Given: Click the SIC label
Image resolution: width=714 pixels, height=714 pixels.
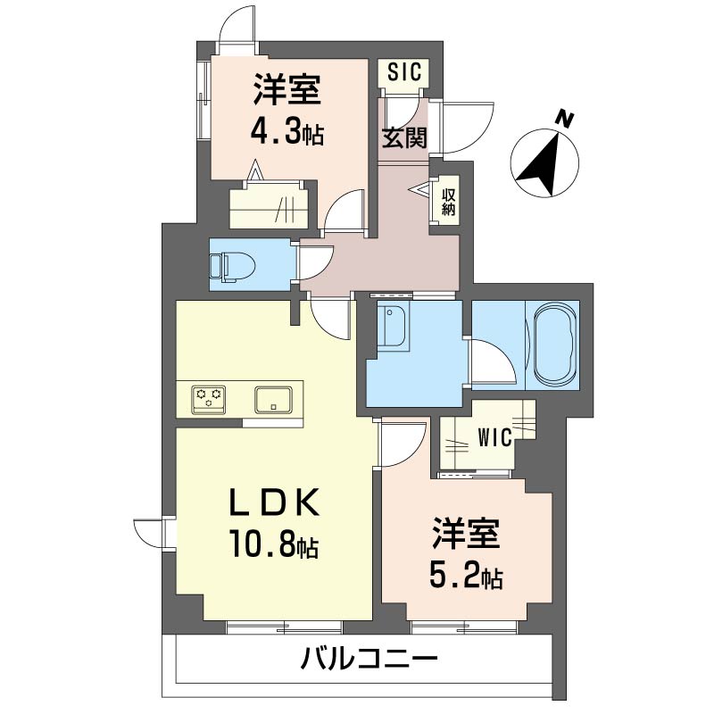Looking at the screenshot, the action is click(404, 71).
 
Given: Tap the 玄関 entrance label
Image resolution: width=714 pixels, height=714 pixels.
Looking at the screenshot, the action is click(404, 137).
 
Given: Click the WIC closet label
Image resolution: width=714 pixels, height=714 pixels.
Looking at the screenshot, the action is click(495, 437).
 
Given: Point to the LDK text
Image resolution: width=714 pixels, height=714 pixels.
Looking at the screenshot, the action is click(274, 502).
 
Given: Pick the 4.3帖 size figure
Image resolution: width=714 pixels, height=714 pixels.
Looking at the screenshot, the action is click(287, 132).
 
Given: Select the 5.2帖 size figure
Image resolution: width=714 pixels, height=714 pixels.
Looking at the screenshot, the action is click(466, 577).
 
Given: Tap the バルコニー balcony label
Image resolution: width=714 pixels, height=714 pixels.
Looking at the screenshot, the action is click(369, 659).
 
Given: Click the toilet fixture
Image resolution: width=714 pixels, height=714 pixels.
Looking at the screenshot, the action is click(233, 267).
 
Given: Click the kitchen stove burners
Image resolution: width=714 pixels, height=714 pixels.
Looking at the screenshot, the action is click(209, 400).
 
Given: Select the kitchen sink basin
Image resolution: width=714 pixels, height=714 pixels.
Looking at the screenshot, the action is click(273, 400).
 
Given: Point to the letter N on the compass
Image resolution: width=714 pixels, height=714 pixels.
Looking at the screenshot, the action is click(565, 120).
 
